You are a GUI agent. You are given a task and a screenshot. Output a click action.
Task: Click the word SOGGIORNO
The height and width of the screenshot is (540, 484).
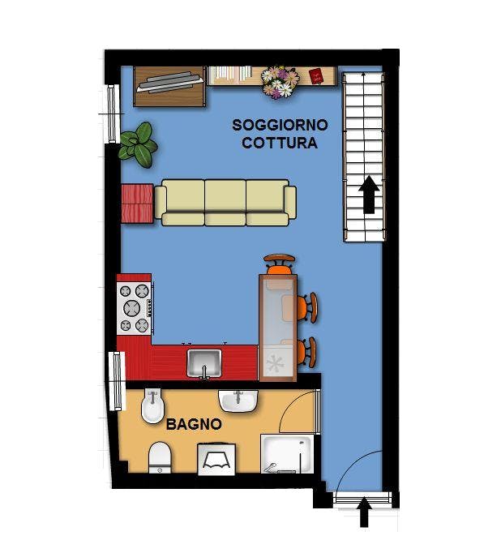click(x=280, y=125)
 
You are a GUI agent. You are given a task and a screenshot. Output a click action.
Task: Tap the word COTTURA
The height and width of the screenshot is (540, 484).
click(x=279, y=143)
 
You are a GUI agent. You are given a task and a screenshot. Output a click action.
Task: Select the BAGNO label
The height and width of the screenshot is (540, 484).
click(x=194, y=424)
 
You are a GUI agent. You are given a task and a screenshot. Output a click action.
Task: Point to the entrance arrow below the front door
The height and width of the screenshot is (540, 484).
click(x=364, y=512)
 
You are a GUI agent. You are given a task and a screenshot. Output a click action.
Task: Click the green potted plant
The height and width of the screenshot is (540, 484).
click(x=138, y=144)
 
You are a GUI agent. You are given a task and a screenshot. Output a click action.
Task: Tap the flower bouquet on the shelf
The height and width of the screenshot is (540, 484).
click(x=280, y=82)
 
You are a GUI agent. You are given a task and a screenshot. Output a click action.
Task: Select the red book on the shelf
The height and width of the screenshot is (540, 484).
click(x=316, y=75)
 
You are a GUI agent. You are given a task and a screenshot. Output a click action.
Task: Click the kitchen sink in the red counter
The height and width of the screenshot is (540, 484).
click(x=204, y=363)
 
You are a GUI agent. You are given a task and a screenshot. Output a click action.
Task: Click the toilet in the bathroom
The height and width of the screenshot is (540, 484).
click(x=160, y=457)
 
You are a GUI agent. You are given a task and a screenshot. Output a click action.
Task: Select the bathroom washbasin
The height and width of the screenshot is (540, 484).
click(x=238, y=401)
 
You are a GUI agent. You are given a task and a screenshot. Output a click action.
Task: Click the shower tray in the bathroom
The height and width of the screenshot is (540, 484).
click(x=287, y=454)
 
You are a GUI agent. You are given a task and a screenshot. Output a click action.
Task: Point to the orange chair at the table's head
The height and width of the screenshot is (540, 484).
click(x=280, y=264)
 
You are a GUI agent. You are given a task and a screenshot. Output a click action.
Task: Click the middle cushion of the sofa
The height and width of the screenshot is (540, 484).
click(x=225, y=203)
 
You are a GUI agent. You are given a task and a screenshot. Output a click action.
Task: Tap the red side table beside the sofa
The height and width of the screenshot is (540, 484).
click(x=137, y=204)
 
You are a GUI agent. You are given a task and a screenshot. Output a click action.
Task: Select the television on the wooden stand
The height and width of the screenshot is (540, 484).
click(x=169, y=83)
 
